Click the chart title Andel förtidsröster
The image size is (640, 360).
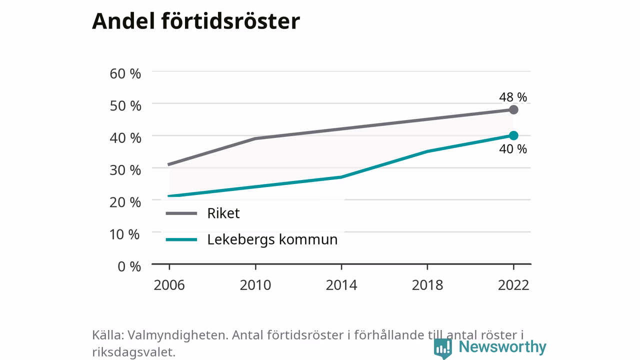[196, 21]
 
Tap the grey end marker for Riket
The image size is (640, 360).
[513, 109]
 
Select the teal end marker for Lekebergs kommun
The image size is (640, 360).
[513, 135]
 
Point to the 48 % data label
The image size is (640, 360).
[513, 97]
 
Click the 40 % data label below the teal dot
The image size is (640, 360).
[513, 149]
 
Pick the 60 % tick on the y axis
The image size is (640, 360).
[125, 73]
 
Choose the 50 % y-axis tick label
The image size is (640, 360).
[125, 106]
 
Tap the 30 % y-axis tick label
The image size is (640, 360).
[125, 170]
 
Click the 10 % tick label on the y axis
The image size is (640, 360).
[124, 234]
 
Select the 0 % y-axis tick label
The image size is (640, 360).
[129, 266]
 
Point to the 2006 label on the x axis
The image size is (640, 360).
[169, 285]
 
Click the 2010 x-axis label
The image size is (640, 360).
[255, 285]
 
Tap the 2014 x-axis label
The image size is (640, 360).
[341, 285]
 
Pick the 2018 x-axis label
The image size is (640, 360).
[427, 285]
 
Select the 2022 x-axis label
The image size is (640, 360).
[513, 285]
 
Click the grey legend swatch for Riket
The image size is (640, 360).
[181, 213]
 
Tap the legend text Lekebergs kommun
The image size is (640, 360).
[272, 239]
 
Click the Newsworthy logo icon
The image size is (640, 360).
[443, 348]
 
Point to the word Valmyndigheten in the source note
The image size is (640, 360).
[177, 335]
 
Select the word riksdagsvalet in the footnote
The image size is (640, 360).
[133, 352]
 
